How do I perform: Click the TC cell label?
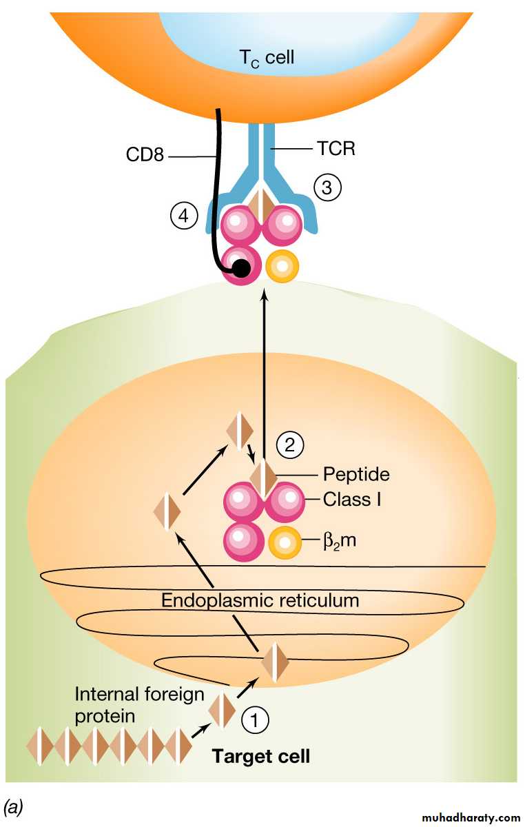[x=267, y=57]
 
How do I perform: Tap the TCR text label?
[x=336, y=148]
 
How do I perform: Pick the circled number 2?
[x=290, y=445]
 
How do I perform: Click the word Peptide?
[x=356, y=474]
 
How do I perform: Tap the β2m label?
[x=340, y=542]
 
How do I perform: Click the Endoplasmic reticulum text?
[x=260, y=600]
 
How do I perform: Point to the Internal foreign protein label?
[x=139, y=704]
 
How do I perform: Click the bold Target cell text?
[x=261, y=756]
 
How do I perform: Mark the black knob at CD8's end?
[x=240, y=268]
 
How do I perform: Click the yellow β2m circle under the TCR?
[x=282, y=267]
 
